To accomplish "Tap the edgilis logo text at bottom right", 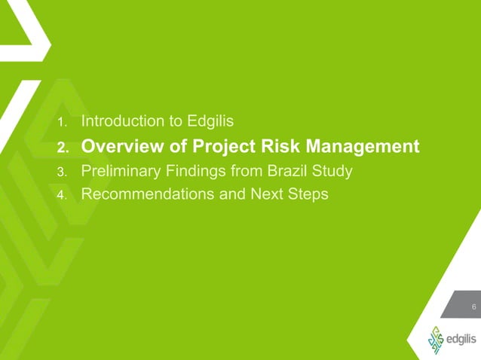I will (458, 340).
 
